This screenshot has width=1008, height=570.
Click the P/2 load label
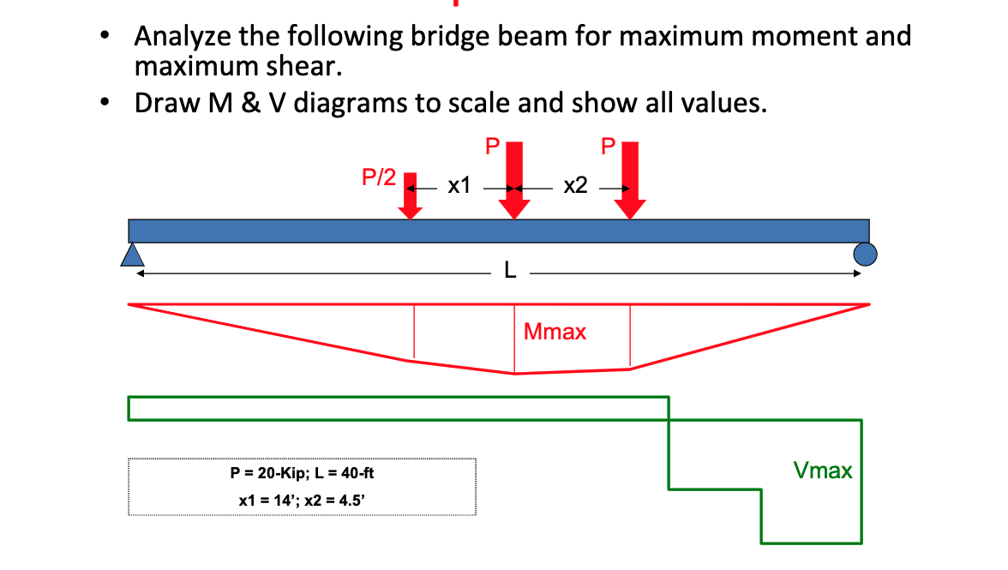tap(379, 177)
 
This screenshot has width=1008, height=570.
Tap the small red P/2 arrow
tap(411, 196)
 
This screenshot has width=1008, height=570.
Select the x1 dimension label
tap(459, 185)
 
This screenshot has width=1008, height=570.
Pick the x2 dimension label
tap(576, 185)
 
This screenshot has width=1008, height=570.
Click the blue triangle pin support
tap(131, 254)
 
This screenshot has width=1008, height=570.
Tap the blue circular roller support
tap(865, 254)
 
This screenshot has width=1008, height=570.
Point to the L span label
tap(510, 273)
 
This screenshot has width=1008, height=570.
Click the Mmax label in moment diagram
tap(555, 332)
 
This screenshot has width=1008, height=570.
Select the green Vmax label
tap(823, 470)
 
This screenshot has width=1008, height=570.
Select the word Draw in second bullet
tap(165, 104)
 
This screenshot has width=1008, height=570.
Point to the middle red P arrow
tap(514, 181)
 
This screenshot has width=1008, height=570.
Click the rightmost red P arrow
tap(631, 181)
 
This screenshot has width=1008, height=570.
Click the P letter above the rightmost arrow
tap(609, 147)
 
